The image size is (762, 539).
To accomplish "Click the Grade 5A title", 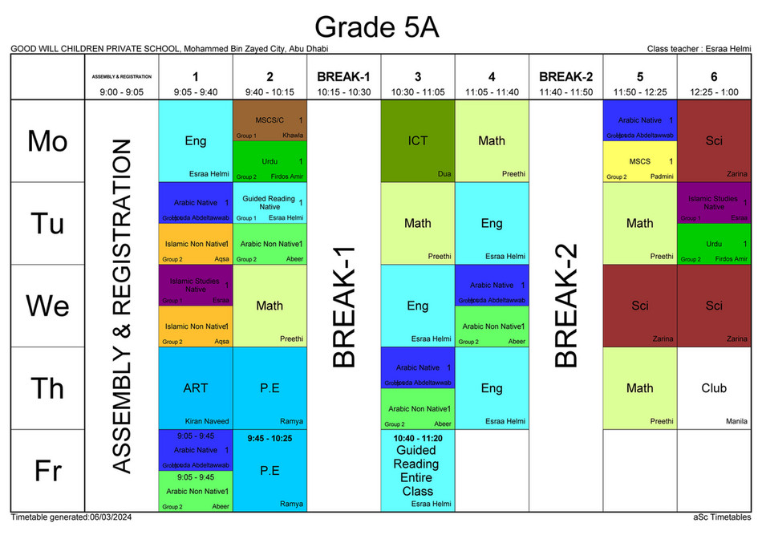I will (376, 26).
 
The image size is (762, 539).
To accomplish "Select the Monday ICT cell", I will (417, 141).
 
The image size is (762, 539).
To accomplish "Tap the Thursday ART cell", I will (195, 388).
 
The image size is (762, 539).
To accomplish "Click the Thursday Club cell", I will (713, 388).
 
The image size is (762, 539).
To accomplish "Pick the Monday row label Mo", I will (47, 141).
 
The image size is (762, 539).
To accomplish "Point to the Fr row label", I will (47, 471).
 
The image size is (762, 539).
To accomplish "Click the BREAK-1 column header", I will (343, 78).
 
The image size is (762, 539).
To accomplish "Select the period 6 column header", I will (713, 78).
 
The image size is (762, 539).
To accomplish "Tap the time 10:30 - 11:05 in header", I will (417, 92).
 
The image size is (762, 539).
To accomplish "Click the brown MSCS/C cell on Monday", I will (270, 121).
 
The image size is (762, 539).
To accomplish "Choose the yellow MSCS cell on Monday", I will (639, 162).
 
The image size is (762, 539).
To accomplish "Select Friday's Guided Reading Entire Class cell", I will (417, 470).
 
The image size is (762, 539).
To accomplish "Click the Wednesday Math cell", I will (270, 306).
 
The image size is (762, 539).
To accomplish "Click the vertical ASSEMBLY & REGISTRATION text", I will (121, 306).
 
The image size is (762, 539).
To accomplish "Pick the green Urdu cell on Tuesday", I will (713, 244).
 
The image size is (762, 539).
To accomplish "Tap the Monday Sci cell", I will (713, 141).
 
